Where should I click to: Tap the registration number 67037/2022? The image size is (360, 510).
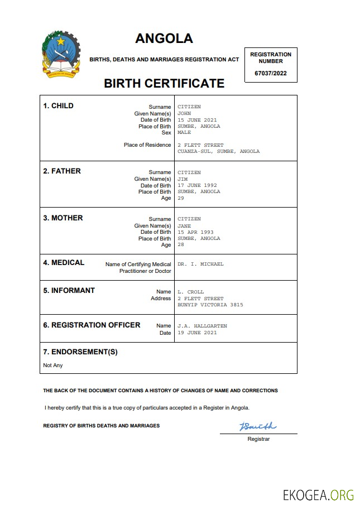270,73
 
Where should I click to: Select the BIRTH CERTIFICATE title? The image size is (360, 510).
164,84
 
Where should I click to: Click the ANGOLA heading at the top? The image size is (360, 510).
164,39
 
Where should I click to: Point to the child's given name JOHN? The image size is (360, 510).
184,113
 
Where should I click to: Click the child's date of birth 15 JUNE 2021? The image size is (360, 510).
197,120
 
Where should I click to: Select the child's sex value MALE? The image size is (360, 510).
184,133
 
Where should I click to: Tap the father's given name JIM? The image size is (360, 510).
183,179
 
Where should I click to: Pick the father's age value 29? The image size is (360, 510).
181,198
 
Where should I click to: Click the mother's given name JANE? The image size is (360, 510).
184,225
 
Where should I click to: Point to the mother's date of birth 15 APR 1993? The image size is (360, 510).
195,232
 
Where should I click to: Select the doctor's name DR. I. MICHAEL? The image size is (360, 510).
200,264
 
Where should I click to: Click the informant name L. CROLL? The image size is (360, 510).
190,292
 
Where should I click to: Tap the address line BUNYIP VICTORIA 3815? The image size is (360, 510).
210,305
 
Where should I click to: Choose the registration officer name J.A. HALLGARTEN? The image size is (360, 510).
202,326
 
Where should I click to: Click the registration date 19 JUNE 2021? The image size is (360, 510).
197,333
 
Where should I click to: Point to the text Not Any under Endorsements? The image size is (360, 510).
53,365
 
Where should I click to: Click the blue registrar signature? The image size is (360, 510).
257,427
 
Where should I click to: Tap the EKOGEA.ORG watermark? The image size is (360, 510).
318,494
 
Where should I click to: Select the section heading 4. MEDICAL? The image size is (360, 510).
64,262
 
